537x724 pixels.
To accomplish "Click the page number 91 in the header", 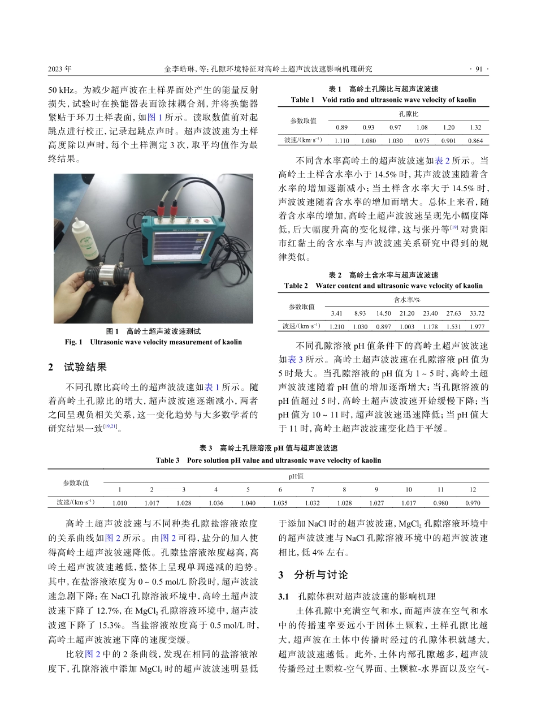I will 480,69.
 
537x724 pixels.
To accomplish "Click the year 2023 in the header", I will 59,69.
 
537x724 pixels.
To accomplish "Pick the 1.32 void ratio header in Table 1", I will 475,127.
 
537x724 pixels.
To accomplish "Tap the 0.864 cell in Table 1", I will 475,140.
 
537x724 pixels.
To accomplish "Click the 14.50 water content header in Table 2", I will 384,313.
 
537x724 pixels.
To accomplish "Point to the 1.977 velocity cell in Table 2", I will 477,326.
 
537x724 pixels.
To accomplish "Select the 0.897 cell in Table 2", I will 384,326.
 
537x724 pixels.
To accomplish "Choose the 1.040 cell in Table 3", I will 248,502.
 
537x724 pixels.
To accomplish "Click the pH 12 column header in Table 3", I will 473,489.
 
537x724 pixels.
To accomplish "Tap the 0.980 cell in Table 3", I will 440,502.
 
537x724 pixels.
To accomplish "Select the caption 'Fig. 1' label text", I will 74,342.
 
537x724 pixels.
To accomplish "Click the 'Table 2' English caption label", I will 296,286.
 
